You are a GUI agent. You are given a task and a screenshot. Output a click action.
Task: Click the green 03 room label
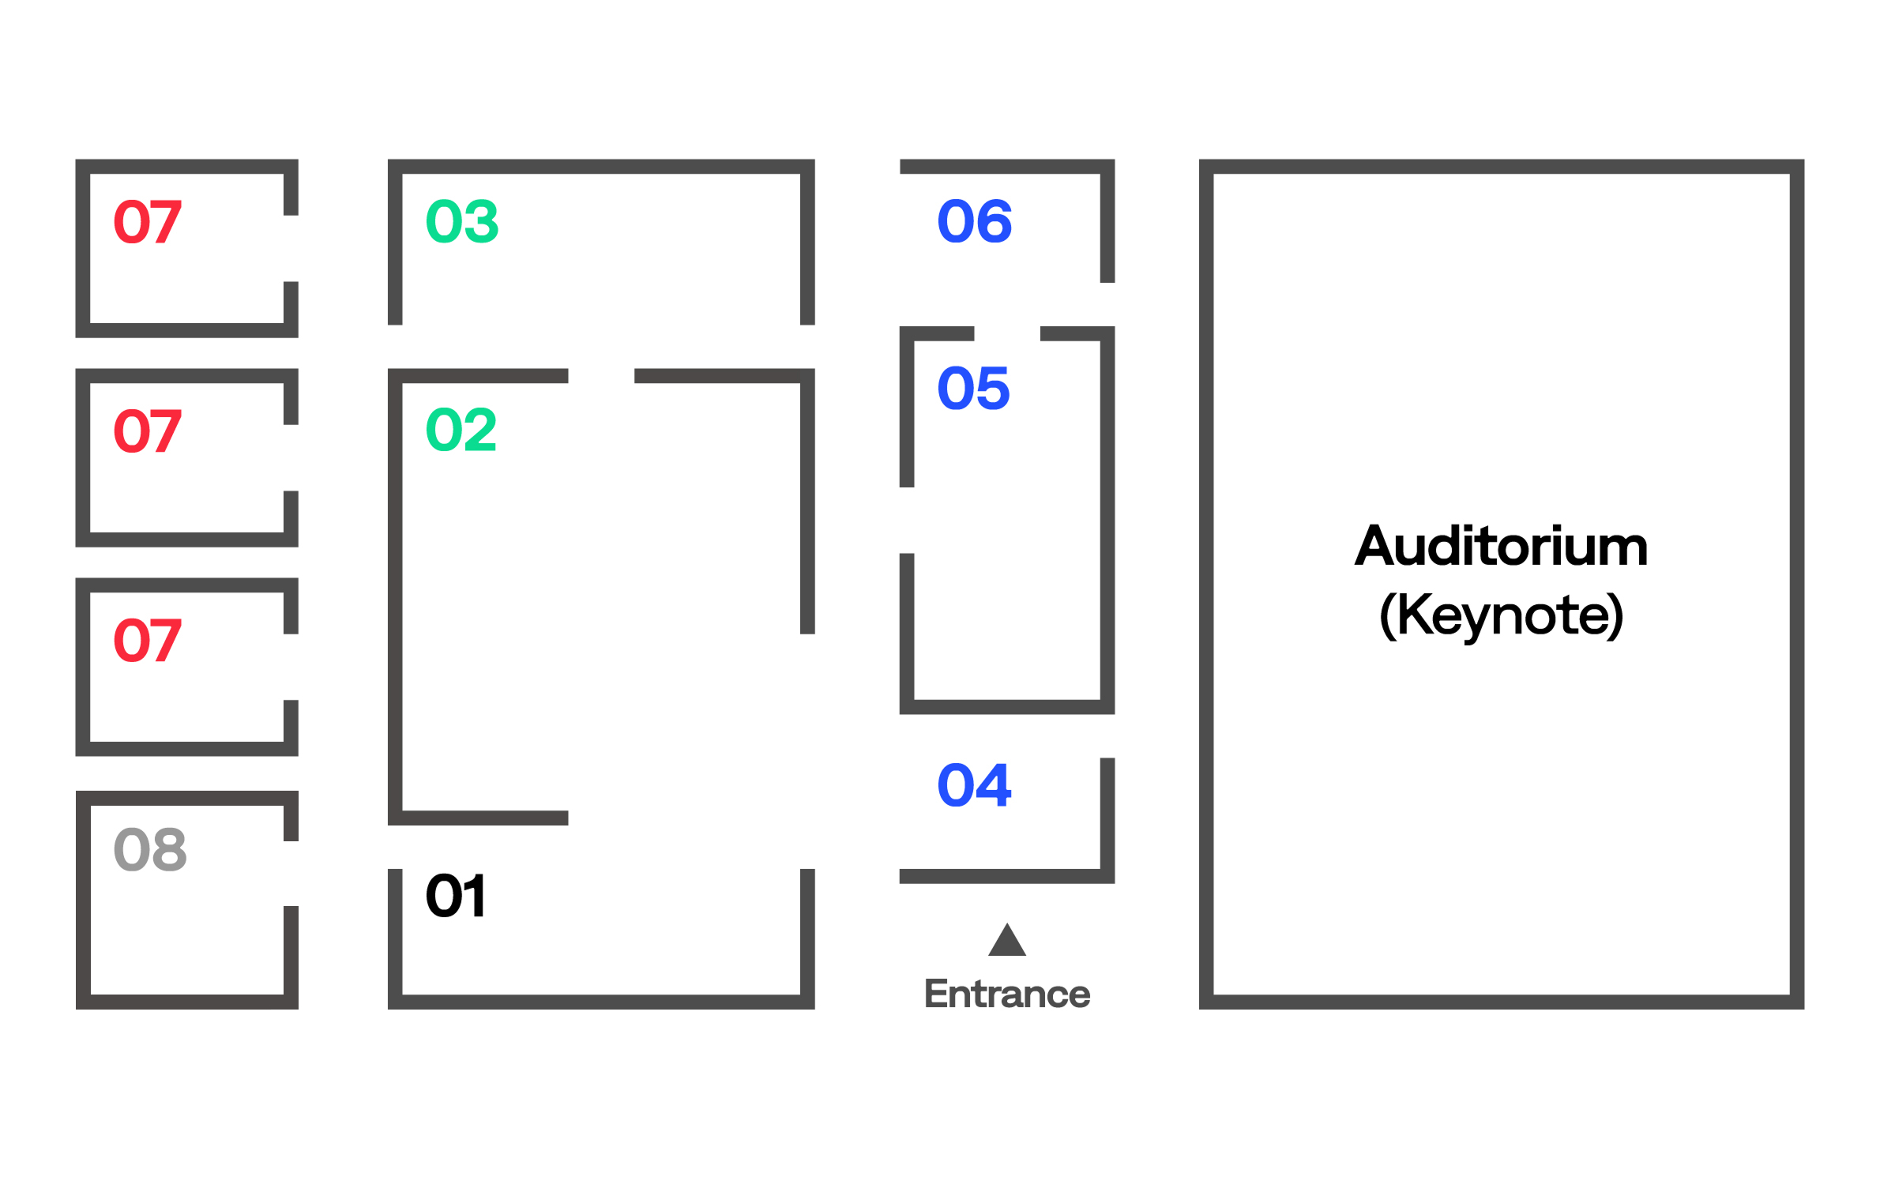[462, 221]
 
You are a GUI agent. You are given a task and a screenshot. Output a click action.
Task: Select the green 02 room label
[461, 430]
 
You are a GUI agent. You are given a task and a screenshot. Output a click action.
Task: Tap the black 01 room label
[456, 896]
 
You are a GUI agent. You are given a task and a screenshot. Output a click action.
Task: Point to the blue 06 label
[974, 221]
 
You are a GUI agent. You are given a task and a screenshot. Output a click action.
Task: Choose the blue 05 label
[973, 388]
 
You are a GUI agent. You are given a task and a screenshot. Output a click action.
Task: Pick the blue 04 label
[974, 785]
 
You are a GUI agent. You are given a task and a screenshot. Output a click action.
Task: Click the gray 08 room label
[150, 850]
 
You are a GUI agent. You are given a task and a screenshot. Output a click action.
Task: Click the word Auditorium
[1501, 546]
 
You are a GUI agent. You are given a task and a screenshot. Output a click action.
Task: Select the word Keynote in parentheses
[1501, 615]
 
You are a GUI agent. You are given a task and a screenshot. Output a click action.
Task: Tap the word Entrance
[1007, 994]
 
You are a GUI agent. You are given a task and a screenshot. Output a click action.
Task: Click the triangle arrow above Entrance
[1007, 942]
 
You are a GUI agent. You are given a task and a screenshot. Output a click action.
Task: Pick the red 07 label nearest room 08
[148, 640]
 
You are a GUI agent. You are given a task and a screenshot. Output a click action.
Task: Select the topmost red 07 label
[148, 222]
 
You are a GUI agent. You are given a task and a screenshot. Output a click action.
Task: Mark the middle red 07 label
[148, 431]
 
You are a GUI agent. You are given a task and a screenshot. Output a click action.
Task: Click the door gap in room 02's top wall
[601, 376]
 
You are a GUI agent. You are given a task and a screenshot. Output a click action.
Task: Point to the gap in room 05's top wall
[1007, 333]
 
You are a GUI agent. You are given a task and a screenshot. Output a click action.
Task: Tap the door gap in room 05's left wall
[907, 521]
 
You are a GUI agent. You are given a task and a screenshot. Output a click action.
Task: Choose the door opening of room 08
[291, 874]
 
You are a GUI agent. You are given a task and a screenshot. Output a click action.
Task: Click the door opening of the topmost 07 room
[291, 248]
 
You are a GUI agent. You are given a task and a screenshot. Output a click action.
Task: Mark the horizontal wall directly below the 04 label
[1000, 876]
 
